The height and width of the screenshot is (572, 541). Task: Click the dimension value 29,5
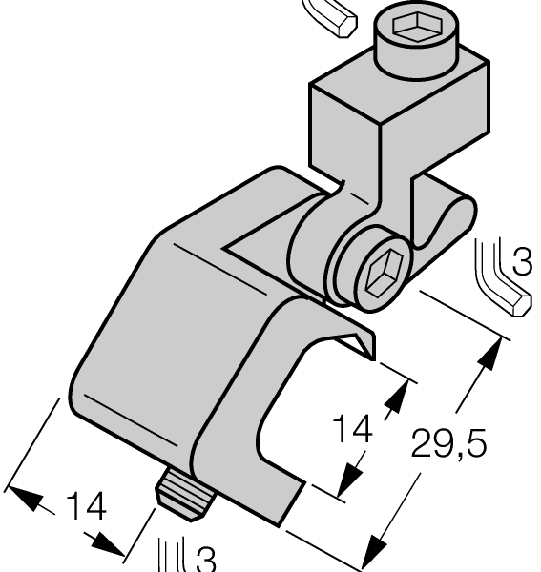tap(448, 444)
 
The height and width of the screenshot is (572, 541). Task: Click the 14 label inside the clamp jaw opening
tap(353, 429)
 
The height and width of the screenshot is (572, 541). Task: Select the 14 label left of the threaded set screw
tap(87, 506)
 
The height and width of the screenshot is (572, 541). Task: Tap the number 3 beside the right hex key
tap(523, 261)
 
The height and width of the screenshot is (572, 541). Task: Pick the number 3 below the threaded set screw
tap(206, 559)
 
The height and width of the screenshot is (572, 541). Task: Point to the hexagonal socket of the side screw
tap(385, 273)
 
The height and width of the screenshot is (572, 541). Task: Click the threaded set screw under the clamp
tap(185, 496)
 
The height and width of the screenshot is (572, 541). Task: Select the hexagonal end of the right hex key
tap(519, 304)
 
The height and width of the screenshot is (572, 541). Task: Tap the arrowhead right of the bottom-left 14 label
tap(107, 544)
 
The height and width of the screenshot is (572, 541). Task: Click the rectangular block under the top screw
tap(400, 110)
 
